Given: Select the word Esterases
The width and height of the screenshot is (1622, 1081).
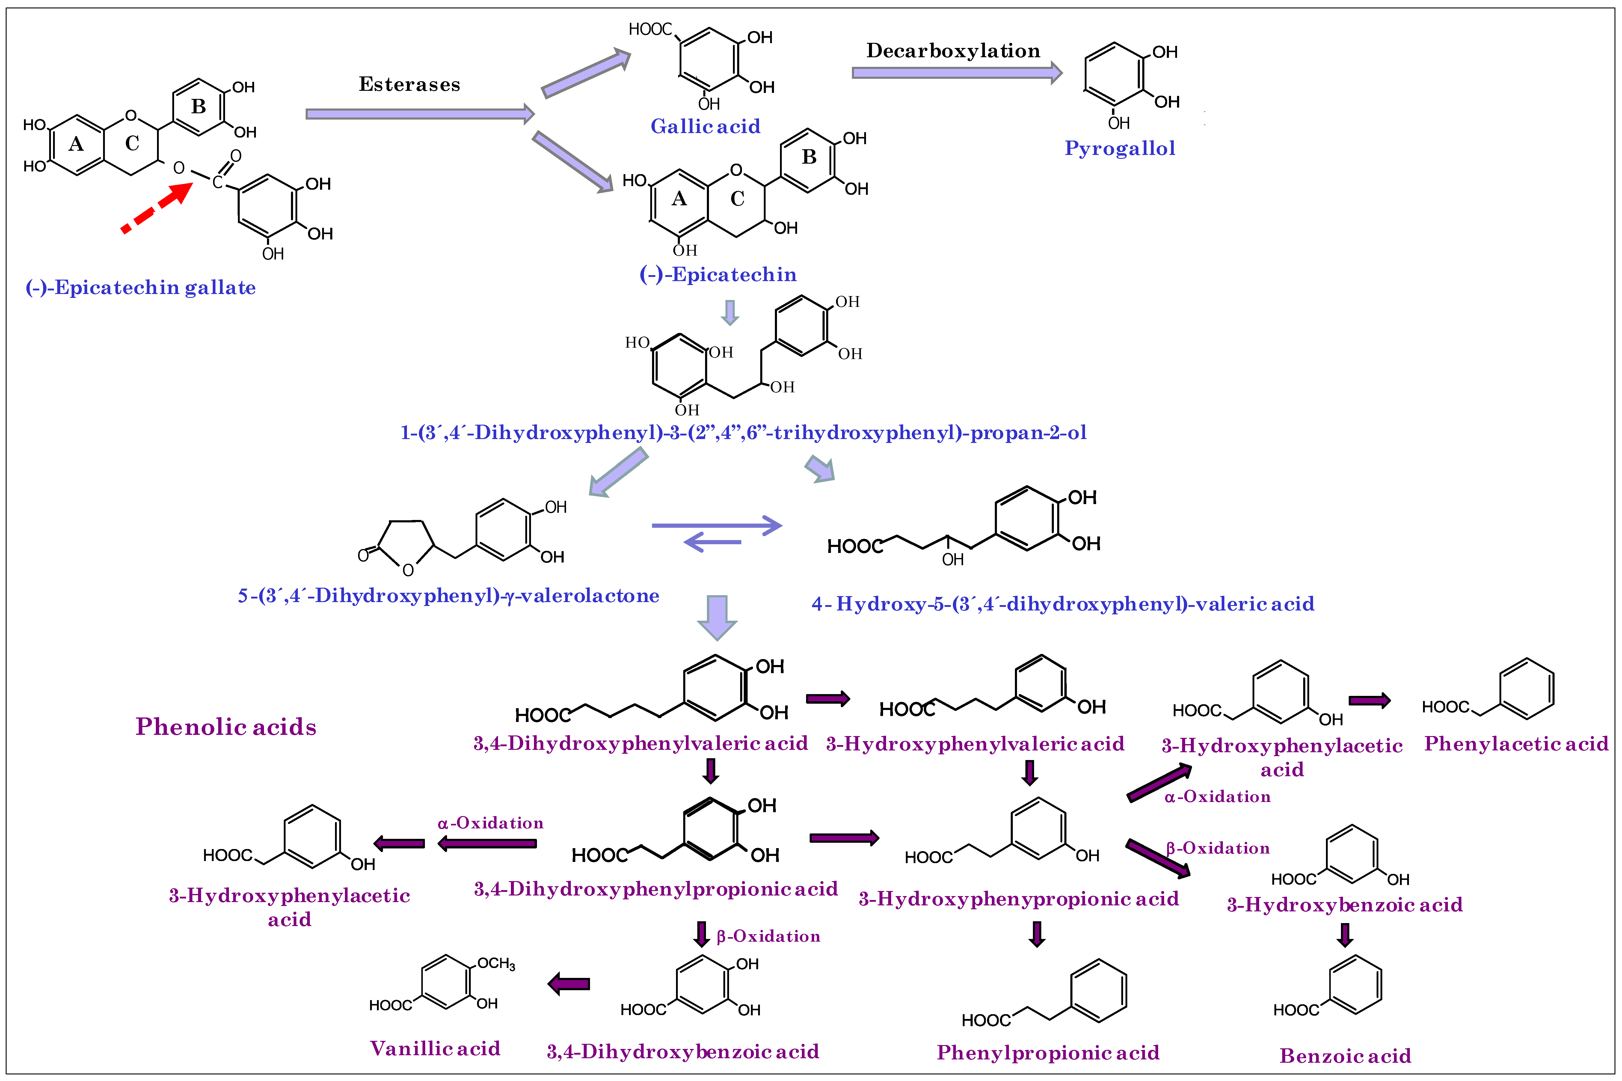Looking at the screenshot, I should (x=409, y=85).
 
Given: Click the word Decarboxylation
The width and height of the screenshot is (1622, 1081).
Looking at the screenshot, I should (x=953, y=51).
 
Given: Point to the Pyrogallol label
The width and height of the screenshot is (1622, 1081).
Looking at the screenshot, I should (x=1119, y=148).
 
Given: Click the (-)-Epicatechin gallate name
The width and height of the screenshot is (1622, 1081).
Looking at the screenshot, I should (x=141, y=287).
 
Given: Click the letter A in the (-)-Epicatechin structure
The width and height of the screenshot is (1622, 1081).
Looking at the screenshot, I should (x=679, y=199).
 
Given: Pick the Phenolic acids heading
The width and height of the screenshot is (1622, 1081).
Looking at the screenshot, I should (x=226, y=727).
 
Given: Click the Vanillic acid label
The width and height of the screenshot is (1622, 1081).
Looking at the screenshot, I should (x=435, y=1049).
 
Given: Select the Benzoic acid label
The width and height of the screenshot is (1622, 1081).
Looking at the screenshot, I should (x=1345, y=1056).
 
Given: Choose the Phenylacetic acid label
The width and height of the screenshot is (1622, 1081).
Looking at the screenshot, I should (x=1516, y=744).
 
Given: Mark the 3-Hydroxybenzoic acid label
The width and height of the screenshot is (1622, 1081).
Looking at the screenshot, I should (x=1344, y=904).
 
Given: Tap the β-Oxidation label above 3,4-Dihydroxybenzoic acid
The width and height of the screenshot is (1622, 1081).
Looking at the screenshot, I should (x=768, y=936).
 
